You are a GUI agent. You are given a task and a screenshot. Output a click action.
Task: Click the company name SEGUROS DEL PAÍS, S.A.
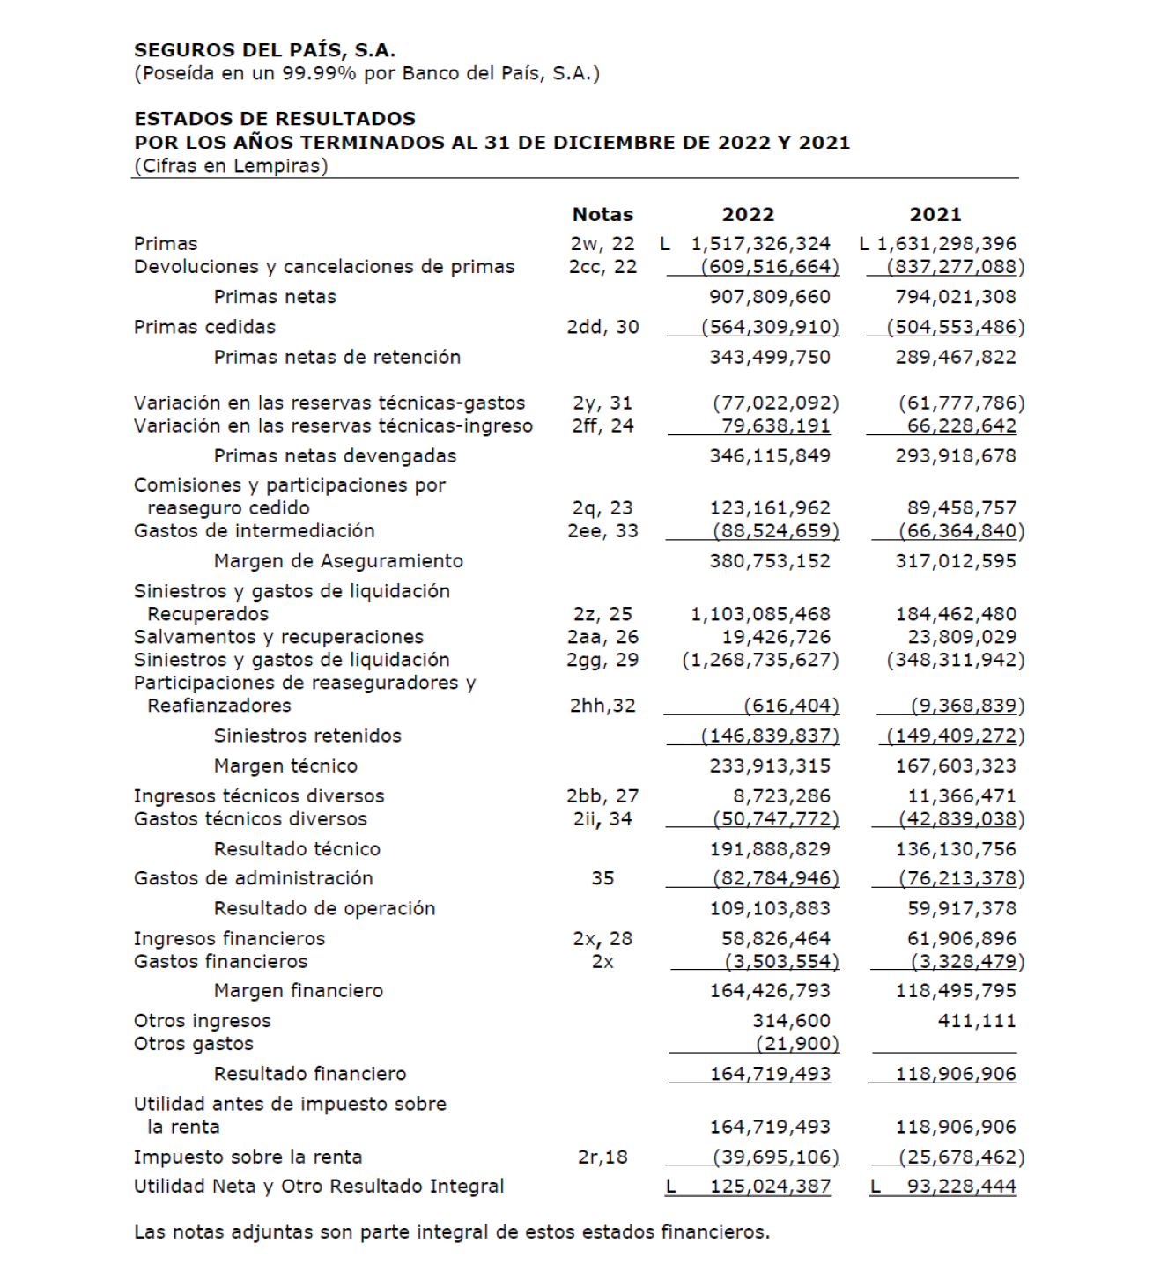(x=264, y=50)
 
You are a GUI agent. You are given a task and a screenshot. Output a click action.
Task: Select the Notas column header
(x=602, y=214)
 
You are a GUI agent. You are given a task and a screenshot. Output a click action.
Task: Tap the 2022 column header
(x=748, y=214)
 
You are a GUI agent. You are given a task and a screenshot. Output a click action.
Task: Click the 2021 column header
(x=935, y=214)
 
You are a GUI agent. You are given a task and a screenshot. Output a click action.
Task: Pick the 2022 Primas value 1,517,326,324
(x=760, y=244)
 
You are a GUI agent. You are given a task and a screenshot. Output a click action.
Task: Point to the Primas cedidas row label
(x=204, y=327)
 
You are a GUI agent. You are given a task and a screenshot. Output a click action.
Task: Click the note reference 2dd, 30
(x=602, y=327)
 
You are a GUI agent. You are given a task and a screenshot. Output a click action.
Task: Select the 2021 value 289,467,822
(x=956, y=357)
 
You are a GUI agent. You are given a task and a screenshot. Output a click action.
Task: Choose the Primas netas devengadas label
(x=335, y=455)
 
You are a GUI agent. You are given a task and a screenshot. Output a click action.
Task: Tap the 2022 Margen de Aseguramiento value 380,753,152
(x=770, y=560)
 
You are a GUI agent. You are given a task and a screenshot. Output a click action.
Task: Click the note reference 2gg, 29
(x=602, y=660)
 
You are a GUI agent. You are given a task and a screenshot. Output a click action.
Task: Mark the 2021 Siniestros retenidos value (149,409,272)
(x=956, y=736)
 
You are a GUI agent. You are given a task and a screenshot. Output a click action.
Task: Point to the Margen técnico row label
(x=285, y=765)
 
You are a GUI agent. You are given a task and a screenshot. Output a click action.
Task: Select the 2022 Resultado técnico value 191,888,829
(x=770, y=849)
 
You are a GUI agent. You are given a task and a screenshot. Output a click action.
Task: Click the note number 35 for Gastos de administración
(x=602, y=878)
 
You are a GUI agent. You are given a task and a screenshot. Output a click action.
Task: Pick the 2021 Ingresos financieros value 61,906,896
(x=961, y=939)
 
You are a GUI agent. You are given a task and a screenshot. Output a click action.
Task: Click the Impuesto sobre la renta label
(x=248, y=1157)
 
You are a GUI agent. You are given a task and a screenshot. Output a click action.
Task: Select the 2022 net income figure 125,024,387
(x=770, y=1187)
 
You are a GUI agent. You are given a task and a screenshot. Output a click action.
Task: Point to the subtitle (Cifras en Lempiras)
(x=231, y=166)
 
